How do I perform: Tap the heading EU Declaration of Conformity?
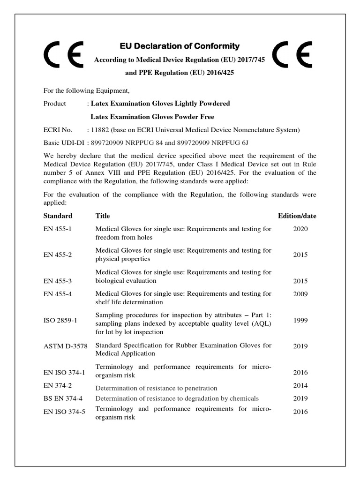point(180,46)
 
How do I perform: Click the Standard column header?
point(58,216)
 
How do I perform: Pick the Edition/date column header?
point(297,216)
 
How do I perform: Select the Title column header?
point(103,216)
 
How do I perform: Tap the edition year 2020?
point(300,229)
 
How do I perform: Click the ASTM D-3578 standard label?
point(64,346)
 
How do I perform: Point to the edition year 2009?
point(300,294)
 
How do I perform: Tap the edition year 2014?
point(300,385)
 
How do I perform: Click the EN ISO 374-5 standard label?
point(65,412)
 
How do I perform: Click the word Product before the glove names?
point(55,104)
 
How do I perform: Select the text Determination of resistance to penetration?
point(157,388)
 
